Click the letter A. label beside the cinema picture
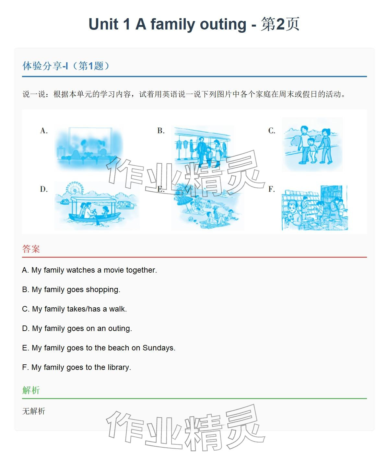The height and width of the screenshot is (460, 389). pyautogui.click(x=44, y=131)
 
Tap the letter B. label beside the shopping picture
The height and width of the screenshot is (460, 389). pyautogui.click(x=161, y=131)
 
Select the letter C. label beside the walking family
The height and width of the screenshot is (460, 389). pyautogui.click(x=272, y=131)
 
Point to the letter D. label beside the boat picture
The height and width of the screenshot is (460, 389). pyautogui.click(x=44, y=189)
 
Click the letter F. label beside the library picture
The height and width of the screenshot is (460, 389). pyautogui.click(x=272, y=189)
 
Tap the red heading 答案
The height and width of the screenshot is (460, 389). pyautogui.click(x=31, y=249)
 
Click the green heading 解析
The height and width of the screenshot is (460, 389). pyautogui.click(x=31, y=390)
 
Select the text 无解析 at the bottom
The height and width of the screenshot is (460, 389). pyautogui.click(x=34, y=411)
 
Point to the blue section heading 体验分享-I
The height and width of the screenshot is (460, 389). pyautogui.click(x=45, y=66)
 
